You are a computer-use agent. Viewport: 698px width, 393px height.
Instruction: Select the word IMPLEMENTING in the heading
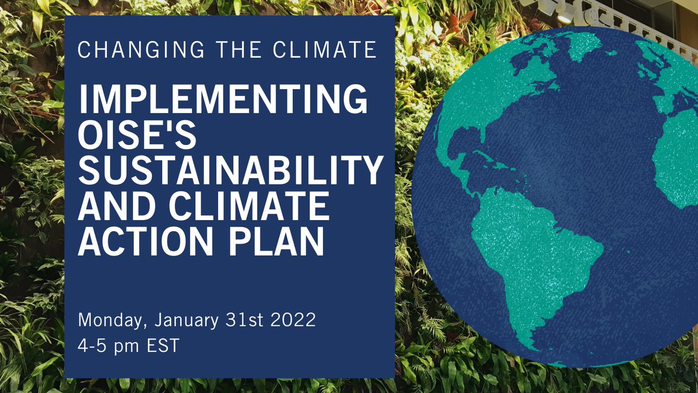click(223, 101)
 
